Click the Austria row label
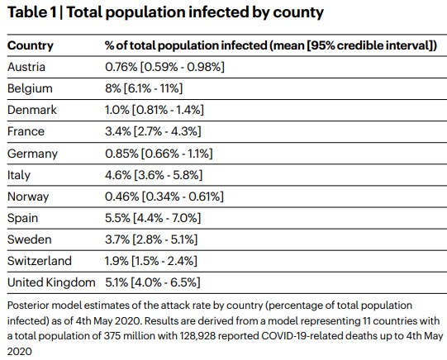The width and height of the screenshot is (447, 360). (x=26, y=67)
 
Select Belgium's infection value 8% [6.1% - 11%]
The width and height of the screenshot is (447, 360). (x=144, y=88)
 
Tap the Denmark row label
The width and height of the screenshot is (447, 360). (x=32, y=110)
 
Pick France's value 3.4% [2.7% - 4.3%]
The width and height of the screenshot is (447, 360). (x=153, y=131)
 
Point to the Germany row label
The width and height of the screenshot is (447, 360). (x=32, y=154)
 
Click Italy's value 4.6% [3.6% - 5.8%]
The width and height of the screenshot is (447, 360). (x=154, y=175)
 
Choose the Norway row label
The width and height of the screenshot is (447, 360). (x=28, y=197)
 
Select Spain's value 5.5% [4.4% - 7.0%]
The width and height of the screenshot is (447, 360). (x=153, y=218)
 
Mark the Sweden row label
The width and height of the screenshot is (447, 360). (x=30, y=239)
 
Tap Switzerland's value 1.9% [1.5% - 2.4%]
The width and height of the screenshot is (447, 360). (x=151, y=261)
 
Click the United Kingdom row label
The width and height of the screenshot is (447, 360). (x=51, y=283)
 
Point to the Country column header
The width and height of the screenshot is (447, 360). (x=31, y=46)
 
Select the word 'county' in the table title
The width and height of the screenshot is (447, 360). (x=298, y=13)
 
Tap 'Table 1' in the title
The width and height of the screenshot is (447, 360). (x=32, y=12)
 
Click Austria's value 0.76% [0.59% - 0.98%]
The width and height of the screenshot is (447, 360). (x=164, y=67)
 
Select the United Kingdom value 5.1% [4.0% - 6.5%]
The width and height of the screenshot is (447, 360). (x=153, y=282)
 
